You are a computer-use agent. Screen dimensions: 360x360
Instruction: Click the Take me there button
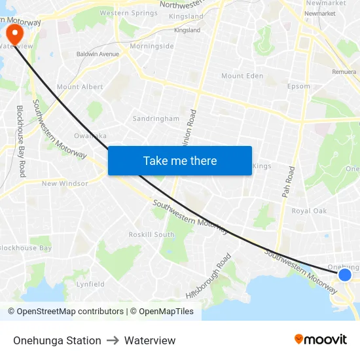point(180,160)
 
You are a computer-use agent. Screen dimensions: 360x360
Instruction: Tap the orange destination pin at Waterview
point(13,34)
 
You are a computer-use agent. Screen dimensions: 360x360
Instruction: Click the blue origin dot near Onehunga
point(345,274)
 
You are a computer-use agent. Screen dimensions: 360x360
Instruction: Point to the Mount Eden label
point(242,76)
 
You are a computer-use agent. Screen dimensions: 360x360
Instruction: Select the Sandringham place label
point(156,118)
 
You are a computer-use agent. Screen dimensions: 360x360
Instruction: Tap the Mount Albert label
point(80,87)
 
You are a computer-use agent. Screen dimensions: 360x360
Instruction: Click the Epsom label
point(298,86)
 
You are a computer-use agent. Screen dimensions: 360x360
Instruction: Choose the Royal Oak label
point(309,211)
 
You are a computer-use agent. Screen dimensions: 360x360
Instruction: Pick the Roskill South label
point(151,234)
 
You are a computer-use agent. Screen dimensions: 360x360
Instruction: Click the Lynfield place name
point(90,284)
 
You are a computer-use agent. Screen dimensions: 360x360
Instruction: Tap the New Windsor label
point(65,183)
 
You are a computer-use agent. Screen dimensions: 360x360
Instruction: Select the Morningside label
point(152,46)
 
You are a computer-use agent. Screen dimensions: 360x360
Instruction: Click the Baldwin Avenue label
point(98,54)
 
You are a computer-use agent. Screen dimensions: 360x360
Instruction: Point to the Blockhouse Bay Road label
point(21,141)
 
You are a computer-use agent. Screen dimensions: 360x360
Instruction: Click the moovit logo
point(321,339)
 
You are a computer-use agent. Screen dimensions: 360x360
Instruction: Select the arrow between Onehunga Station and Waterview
point(113,340)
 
